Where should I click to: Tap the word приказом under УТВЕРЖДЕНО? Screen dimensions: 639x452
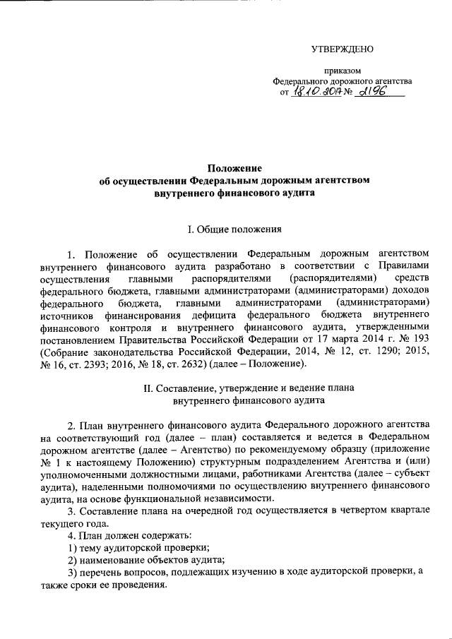[x=342, y=71]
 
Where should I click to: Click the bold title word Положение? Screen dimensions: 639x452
[x=234, y=168]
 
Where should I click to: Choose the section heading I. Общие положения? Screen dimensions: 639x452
[x=234, y=229]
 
